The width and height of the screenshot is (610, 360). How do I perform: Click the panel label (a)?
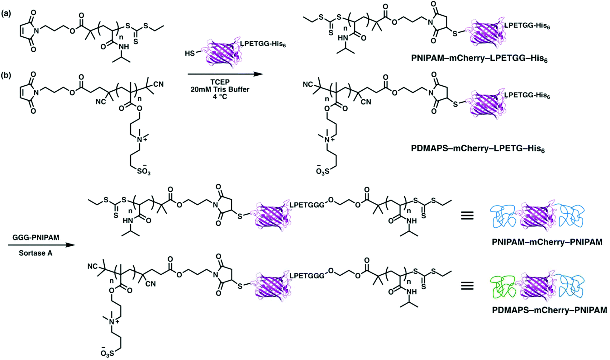click(x=7, y=14)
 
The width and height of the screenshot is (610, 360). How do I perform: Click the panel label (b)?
click(x=7, y=75)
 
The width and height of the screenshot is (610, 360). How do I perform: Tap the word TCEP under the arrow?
click(x=220, y=82)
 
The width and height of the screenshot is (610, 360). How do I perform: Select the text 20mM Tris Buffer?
click(x=220, y=89)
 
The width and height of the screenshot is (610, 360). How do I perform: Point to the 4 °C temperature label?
click(x=220, y=97)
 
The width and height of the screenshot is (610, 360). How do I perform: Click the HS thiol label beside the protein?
click(x=190, y=54)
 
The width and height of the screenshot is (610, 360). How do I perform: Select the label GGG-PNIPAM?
click(x=36, y=238)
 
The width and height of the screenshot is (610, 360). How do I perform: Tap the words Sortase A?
click(x=36, y=253)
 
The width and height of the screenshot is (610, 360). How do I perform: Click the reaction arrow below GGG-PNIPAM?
click(x=41, y=245)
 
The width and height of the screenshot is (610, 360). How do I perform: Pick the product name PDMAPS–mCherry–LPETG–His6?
click(x=478, y=149)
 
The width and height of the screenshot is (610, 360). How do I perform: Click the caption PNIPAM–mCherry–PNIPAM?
click(x=547, y=242)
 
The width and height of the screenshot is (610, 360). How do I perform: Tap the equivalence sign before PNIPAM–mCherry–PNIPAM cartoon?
click(x=467, y=216)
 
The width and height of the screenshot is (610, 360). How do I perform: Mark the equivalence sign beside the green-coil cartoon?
click(x=467, y=286)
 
